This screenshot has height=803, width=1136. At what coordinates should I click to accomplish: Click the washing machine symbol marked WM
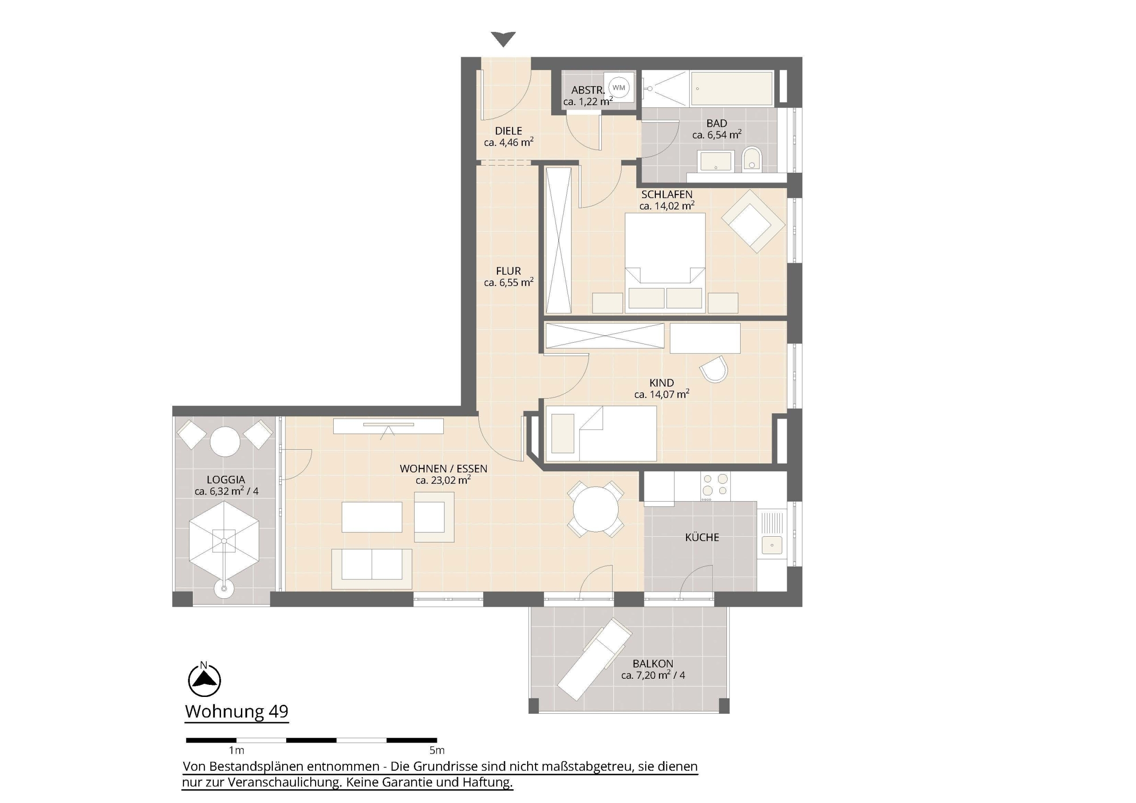tap(619, 87)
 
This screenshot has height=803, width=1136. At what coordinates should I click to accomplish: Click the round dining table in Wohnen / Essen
tap(596, 509)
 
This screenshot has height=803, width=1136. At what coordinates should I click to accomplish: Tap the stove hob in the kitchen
tap(715, 485)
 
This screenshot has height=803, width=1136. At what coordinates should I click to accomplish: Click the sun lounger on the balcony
tap(595, 659)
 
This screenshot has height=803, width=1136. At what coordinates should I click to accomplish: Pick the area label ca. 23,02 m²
tap(443, 480)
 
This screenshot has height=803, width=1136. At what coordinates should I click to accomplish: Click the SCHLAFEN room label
tap(667, 194)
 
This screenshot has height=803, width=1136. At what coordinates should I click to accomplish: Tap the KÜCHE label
tap(702, 538)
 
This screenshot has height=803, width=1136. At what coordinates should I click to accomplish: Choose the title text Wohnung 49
tap(237, 712)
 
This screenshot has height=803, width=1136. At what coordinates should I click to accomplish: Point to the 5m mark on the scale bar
tap(437, 750)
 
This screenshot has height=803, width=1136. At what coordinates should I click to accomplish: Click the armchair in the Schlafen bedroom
tap(753, 222)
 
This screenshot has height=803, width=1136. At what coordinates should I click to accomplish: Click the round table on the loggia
tap(225, 441)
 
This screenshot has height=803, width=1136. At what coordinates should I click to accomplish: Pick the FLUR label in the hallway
tap(509, 271)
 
